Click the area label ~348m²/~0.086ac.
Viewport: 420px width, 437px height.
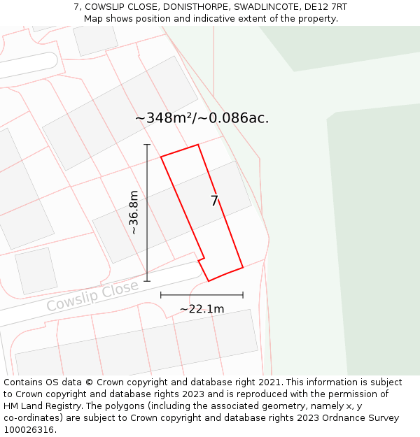202,118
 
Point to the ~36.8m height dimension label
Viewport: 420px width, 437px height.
134,213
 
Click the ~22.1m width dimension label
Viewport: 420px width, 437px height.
202,308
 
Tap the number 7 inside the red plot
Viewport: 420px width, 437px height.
215,201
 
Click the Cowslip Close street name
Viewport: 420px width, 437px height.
92,296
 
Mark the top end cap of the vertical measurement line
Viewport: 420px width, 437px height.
147,145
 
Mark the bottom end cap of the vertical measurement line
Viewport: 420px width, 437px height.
147,281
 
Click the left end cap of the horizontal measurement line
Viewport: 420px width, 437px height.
161,295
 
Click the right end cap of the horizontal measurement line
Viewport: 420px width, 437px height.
243,295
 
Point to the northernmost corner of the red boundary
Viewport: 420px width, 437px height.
198,145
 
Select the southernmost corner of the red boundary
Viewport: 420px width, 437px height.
209,281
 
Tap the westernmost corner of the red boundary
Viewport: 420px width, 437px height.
161,157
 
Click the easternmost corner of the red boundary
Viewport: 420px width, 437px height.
243,267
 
